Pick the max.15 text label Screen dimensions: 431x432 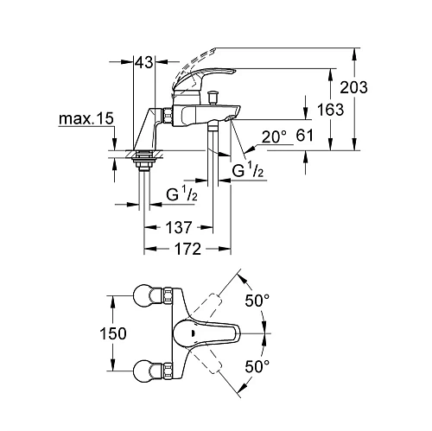tap(87, 118)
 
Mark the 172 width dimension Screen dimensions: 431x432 tap(186, 250)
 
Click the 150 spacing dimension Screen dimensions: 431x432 tap(88, 333)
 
